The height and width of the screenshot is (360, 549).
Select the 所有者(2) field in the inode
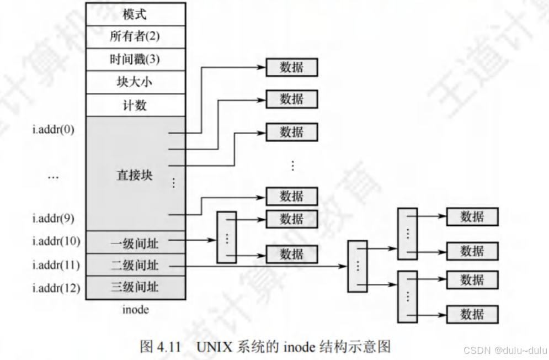[x=135, y=36]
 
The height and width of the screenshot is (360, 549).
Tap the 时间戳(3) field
[x=135, y=59]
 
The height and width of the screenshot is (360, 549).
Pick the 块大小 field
[x=135, y=82]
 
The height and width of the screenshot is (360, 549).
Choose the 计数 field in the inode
[x=135, y=105]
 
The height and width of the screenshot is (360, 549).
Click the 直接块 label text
[x=135, y=176]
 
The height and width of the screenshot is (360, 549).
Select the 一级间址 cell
[x=135, y=242]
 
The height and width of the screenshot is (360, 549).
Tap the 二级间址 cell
[x=135, y=266]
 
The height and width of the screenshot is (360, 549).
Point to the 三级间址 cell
[x=135, y=288]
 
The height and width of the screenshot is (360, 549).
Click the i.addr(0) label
[x=53, y=130]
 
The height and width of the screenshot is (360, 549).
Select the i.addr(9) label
[x=53, y=219]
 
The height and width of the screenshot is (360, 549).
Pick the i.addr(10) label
[x=56, y=241]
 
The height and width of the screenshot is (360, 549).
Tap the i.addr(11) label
[x=56, y=265]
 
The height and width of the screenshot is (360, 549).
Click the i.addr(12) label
[x=56, y=288]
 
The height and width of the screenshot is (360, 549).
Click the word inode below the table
[x=135, y=309]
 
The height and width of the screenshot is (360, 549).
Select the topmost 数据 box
[x=292, y=67]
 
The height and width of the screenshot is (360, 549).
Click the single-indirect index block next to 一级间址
[x=227, y=237]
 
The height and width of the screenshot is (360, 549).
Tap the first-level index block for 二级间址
[x=357, y=266]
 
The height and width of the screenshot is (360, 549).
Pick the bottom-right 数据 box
[x=472, y=314]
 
